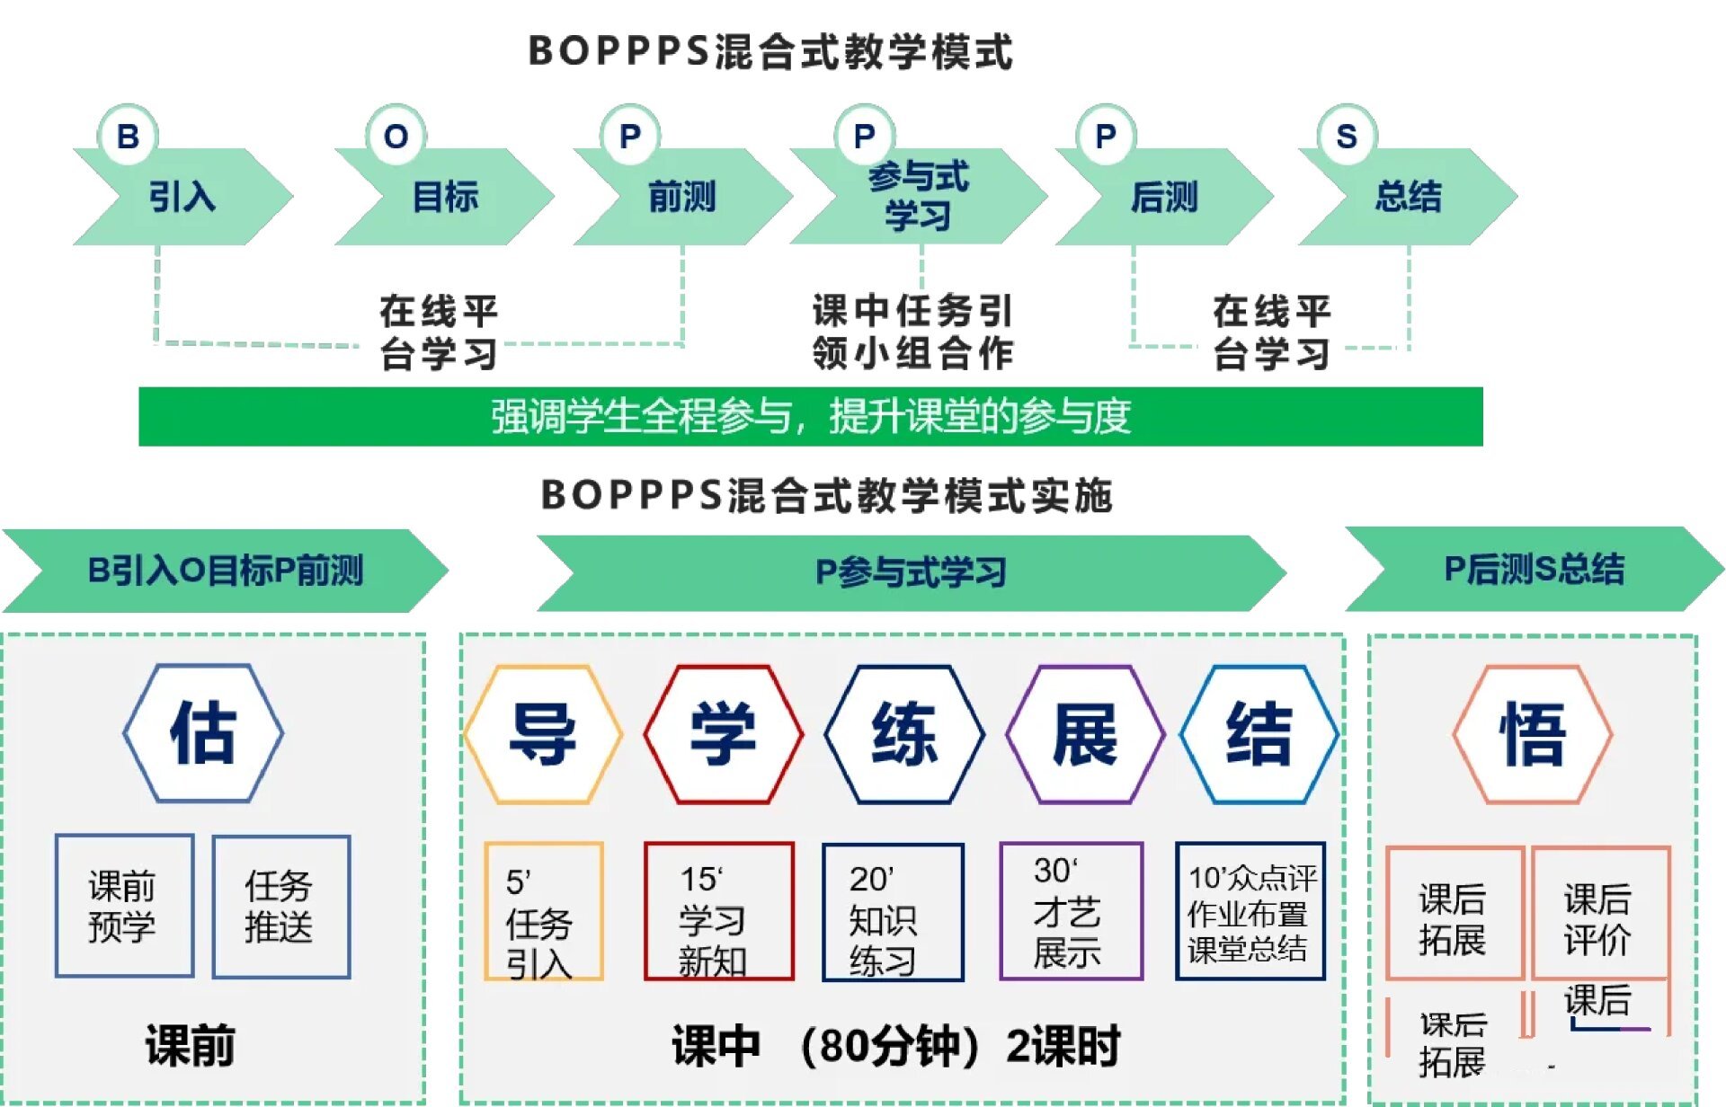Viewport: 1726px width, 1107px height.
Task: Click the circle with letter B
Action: (x=128, y=137)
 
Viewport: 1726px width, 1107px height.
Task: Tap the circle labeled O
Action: (x=396, y=137)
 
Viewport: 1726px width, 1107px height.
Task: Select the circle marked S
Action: (x=1346, y=137)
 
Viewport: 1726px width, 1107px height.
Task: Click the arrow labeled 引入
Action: (x=182, y=197)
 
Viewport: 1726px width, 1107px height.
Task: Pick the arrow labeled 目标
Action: (x=445, y=197)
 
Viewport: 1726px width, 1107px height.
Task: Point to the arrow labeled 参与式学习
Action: (x=918, y=197)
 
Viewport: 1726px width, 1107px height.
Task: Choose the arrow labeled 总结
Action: (x=1408, y=197)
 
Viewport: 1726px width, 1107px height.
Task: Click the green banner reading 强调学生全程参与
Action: (x=810, y=417)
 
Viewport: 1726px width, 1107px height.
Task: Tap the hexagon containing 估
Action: (x=203, y=733)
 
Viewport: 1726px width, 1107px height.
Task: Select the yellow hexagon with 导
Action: (x=543, y=734)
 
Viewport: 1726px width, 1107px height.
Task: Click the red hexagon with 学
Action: (x=724, y=734)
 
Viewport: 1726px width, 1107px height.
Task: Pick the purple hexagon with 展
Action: (x=1085, y=734)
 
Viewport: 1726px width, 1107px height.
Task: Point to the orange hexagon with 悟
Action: (x=1533, y=734)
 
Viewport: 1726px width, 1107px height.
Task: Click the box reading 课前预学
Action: (x=124, y=906)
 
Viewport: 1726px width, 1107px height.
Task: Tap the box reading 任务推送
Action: (x=281, y=906)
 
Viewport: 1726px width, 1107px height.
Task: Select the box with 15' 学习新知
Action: (x=718, y=911)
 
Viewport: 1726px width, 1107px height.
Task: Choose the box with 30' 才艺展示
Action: (x=1071, y=911)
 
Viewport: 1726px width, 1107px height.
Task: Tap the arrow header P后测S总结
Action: (x=1534, y=570)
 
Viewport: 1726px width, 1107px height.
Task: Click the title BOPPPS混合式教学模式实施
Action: (x=827, y=495)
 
